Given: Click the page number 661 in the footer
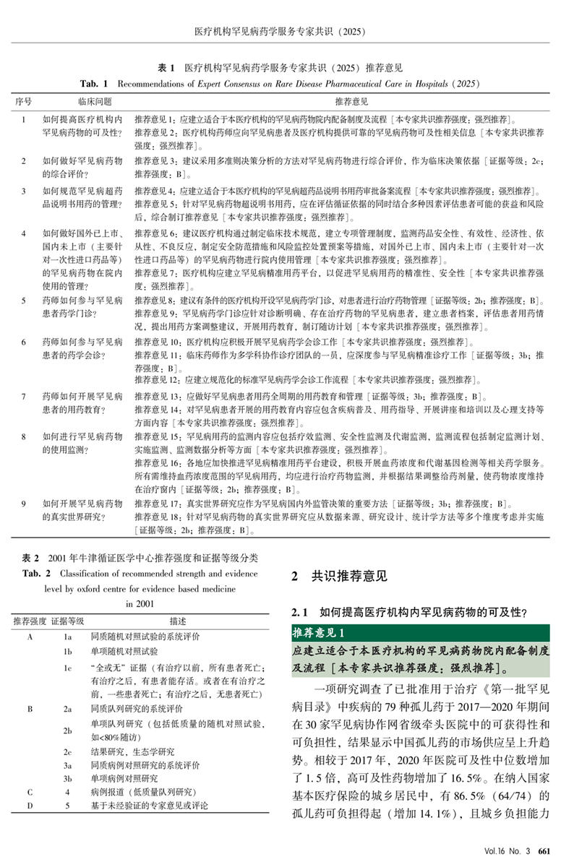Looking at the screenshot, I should click(547, 851).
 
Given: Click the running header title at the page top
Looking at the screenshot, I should click(281, 31).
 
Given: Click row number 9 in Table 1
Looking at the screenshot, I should click(24, 503).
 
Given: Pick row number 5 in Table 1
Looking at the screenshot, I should click(24, 299).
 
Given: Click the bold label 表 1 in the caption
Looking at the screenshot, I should click(168, 69).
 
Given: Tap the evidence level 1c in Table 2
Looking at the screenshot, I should click(67, 668).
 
